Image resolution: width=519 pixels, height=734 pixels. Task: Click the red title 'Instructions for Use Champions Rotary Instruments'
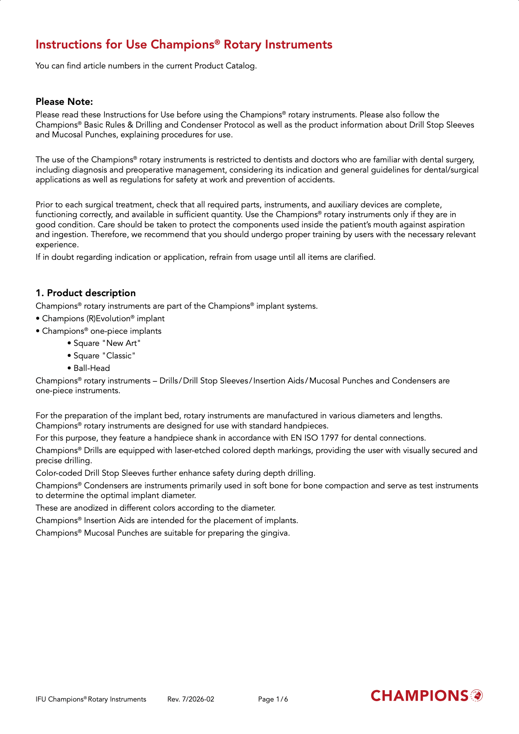click(x=184, y=45)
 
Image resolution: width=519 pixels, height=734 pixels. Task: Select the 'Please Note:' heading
click(x=64, y=102)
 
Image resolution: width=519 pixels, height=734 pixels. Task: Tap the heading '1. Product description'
click(x=85, y=293)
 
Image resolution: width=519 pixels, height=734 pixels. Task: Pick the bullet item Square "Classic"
click(x=104, y=356)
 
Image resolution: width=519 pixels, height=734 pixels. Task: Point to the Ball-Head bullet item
click(x=92, y=368)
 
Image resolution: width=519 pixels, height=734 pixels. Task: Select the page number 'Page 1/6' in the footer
click(x=273, y=699)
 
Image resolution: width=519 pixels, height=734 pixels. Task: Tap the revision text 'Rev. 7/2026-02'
click(x=191, y=699)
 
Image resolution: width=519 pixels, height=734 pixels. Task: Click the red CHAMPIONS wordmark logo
click(x=419, y=696)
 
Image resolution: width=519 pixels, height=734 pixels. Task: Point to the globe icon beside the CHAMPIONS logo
click(x=476, y=695)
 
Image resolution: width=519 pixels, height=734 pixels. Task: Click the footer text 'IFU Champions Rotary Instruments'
click(x=91, y=699)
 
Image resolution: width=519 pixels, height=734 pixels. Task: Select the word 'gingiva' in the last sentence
click(x=275, y=533)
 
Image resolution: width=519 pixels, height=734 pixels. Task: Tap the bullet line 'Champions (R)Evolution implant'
click(x=103, y=318)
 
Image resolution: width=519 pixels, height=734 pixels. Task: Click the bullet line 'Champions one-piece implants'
click(x=101, y=331)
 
